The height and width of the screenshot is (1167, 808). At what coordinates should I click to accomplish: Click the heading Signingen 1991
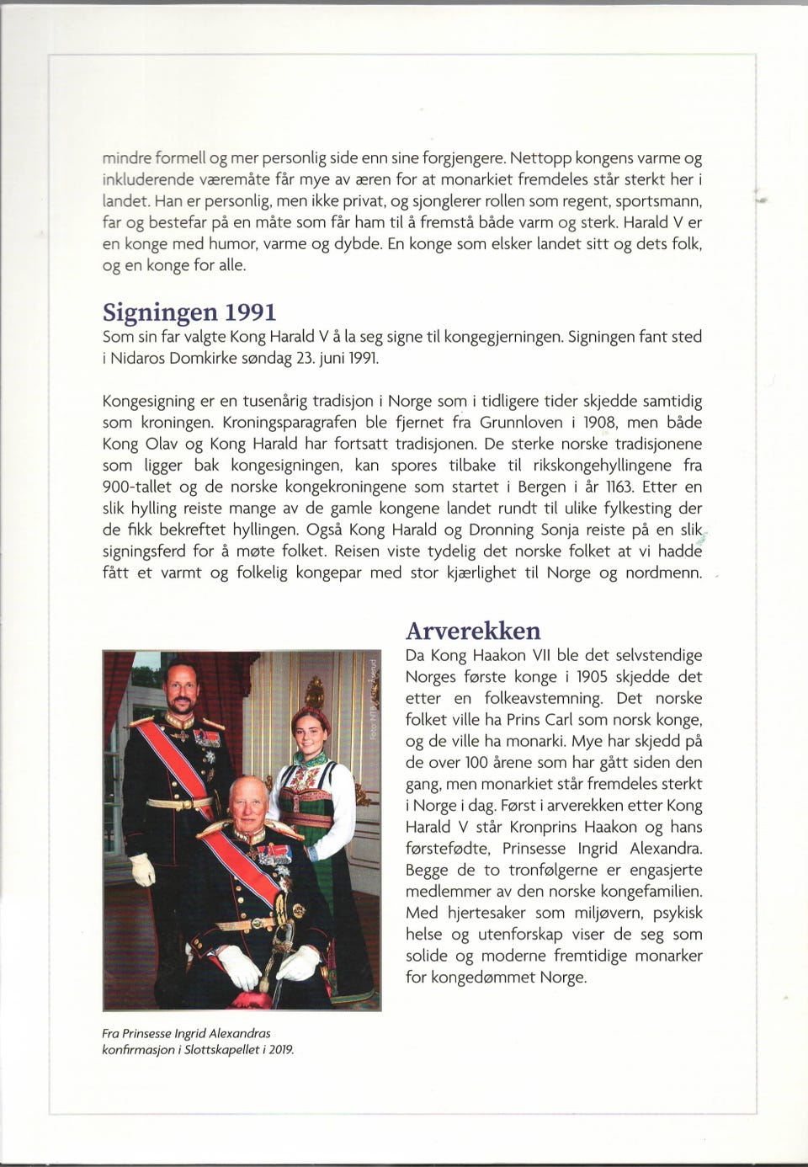pos(189,312)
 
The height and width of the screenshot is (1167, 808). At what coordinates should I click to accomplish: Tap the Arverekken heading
pos(473,631)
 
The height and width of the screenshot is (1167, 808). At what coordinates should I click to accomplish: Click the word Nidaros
pos(139,358)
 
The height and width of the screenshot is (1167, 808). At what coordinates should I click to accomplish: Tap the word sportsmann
pos(659,201)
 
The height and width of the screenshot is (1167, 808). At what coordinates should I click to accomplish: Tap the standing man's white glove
pos(143,869)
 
